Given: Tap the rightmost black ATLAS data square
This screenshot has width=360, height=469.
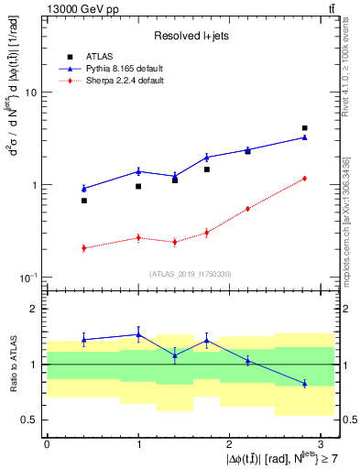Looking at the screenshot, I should tap(304, 128).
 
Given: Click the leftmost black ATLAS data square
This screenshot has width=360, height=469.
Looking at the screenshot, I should tap(83, 201).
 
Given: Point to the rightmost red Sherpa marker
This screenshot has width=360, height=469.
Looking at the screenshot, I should tap(304, 179).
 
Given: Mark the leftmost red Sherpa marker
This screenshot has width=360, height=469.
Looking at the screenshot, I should tap(83, 248).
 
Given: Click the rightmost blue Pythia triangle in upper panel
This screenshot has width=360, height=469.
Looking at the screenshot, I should tap(304, 137).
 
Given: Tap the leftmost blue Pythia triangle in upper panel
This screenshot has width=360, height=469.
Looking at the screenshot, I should tap(83, 189).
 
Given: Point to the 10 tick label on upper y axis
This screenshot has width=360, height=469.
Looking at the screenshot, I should tap(29, 93).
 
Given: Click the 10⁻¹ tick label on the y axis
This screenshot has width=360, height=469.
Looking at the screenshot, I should tap(27, 277).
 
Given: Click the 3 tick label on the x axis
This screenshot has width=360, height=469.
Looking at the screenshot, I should tap(321, 443).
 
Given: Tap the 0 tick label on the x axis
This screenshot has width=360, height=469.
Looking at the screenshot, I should tap(47, 443).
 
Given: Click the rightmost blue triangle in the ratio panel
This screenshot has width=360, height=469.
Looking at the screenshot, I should tap(304, 383).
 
